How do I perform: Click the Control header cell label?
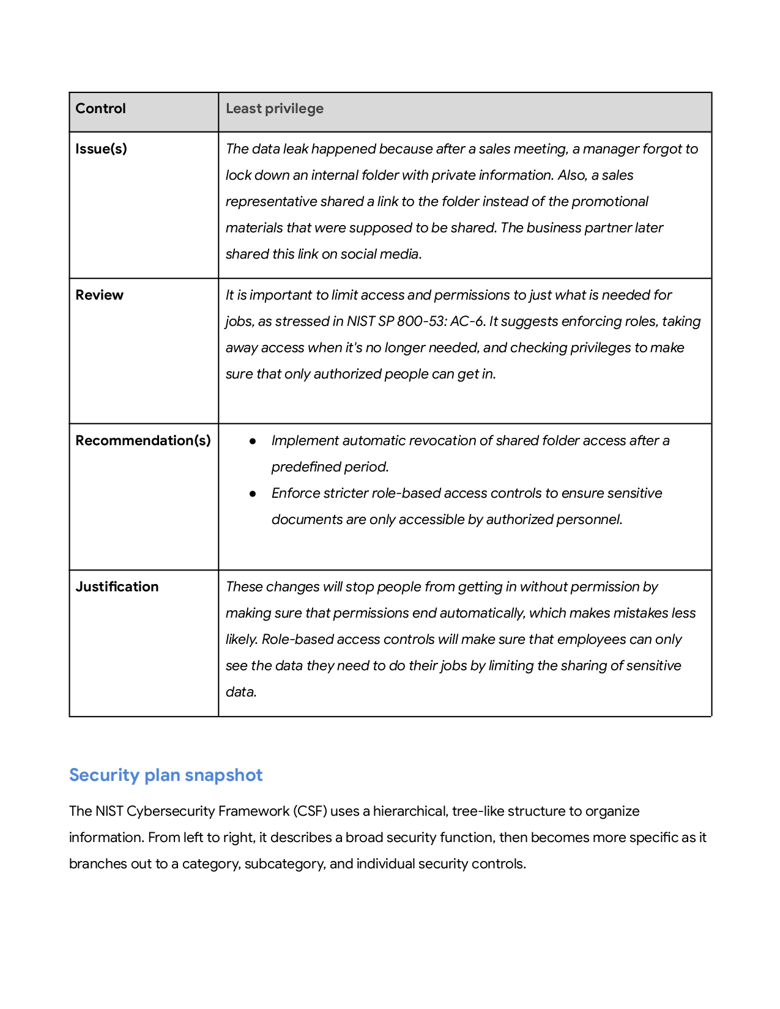100,109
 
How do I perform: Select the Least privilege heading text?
275,109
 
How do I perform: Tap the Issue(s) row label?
101,149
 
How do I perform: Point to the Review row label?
99,295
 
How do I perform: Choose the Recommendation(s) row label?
143,441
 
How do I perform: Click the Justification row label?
117,587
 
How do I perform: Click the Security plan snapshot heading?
166,775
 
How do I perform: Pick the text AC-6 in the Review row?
467,322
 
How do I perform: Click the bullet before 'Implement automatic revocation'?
252,441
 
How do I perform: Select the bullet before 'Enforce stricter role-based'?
252,493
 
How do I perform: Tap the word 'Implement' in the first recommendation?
305,441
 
